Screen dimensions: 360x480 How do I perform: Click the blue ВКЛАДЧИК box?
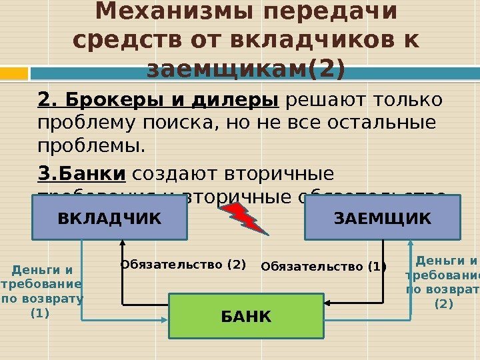click(109, 217)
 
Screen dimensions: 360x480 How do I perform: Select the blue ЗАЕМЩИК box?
click(382, 217)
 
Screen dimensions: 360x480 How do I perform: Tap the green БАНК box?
click(246, 315)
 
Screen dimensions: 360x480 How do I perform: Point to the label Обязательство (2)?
click(183, 265)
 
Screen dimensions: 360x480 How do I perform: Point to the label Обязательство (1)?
click(323, 267)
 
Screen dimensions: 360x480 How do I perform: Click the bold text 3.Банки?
click(82, 175)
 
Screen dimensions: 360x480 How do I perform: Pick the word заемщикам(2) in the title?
click(246, 68)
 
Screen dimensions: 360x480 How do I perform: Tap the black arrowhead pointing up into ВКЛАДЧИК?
click(123, 245)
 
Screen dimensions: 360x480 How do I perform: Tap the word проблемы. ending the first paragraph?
click(91, 145)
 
